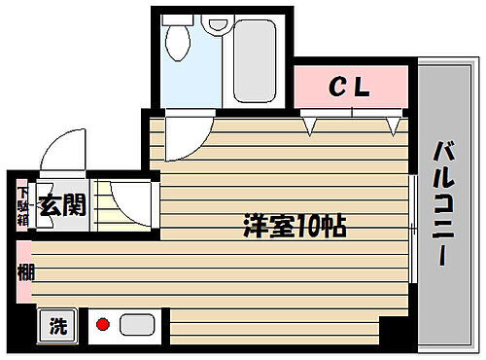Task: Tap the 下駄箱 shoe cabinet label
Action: (22, 205)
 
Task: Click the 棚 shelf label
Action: (24, 272)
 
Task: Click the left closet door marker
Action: (311, 125)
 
